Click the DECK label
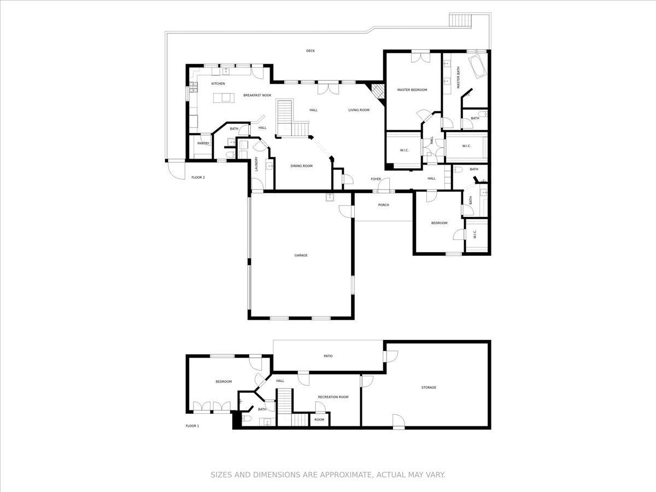(310, 51)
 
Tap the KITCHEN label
(218, 84)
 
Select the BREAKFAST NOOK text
(257, 95)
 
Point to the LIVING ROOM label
(359, 110)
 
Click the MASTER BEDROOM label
(412, 90)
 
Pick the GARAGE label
(301, 255)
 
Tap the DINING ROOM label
(301, 166)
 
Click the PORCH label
(383, 205)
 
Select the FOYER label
(376, 179)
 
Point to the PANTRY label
(203, 143)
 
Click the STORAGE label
(429, 388)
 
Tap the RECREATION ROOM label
(333, 397)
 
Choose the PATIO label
(328, 356)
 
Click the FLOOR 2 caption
(198, 178)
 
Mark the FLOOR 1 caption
(192, 426)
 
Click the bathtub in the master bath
(478, 67)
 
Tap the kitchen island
(224, 98)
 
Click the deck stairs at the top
(460, 20)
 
